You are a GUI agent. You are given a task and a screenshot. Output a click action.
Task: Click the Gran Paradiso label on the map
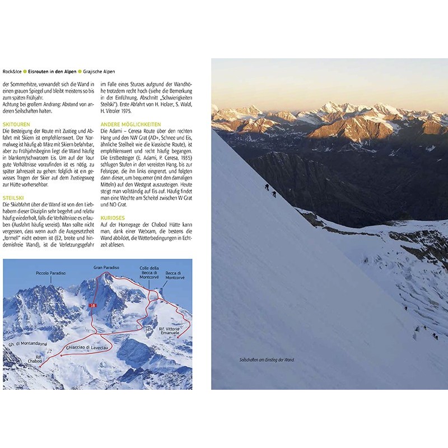click(x=106, y=268)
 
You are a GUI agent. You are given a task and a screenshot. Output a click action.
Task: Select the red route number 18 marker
click(x=93, y=305)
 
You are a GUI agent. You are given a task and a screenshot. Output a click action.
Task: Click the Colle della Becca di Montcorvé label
click(x=150, y=272)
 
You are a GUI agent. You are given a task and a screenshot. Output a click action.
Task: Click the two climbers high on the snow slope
click(x=270, y=190)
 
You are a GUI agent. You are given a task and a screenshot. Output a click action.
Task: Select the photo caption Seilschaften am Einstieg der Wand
click(x=266, y=360)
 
